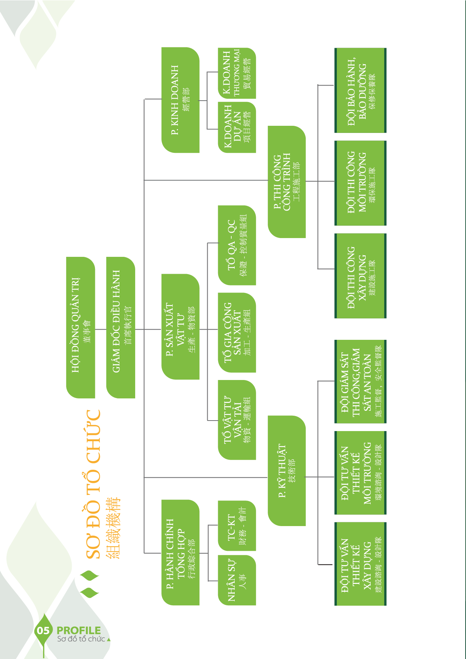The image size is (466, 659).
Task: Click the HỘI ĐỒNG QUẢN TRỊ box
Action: tap(80, 327)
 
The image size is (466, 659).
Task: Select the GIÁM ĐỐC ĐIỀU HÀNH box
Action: tap(121, 327)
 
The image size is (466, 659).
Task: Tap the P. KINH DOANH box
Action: tap(180, 100)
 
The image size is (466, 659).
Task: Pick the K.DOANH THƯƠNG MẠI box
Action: tap(237, 73)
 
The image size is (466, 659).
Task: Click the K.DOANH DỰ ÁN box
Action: tap(237, 127)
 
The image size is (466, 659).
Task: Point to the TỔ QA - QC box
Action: tap(237, 245)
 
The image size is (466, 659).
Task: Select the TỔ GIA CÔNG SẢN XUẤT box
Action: tap(237, 333)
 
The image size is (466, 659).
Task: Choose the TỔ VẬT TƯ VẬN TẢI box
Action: tap(237, 420)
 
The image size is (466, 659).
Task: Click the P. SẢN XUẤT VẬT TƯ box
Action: tap(180, 327)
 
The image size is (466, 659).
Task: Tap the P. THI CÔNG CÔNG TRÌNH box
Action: tap(287, 182)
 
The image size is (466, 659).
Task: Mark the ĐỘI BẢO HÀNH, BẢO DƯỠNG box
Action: tap(360, 90)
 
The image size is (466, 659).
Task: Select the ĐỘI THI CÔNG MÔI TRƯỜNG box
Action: tap(360, 183)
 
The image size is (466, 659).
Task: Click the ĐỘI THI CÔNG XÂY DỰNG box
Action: tap(360, 276)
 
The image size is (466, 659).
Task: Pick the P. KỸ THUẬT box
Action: tap(287, 471)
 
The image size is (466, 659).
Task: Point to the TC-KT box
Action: tap(237, 526)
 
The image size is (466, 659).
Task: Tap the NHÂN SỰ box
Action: tap(237, 580)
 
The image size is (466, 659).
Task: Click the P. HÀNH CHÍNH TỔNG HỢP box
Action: tap(180, 552)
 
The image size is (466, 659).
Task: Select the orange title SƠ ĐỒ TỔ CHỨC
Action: tap(94, 484)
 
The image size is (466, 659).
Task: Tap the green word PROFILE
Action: tap(78, 630)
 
